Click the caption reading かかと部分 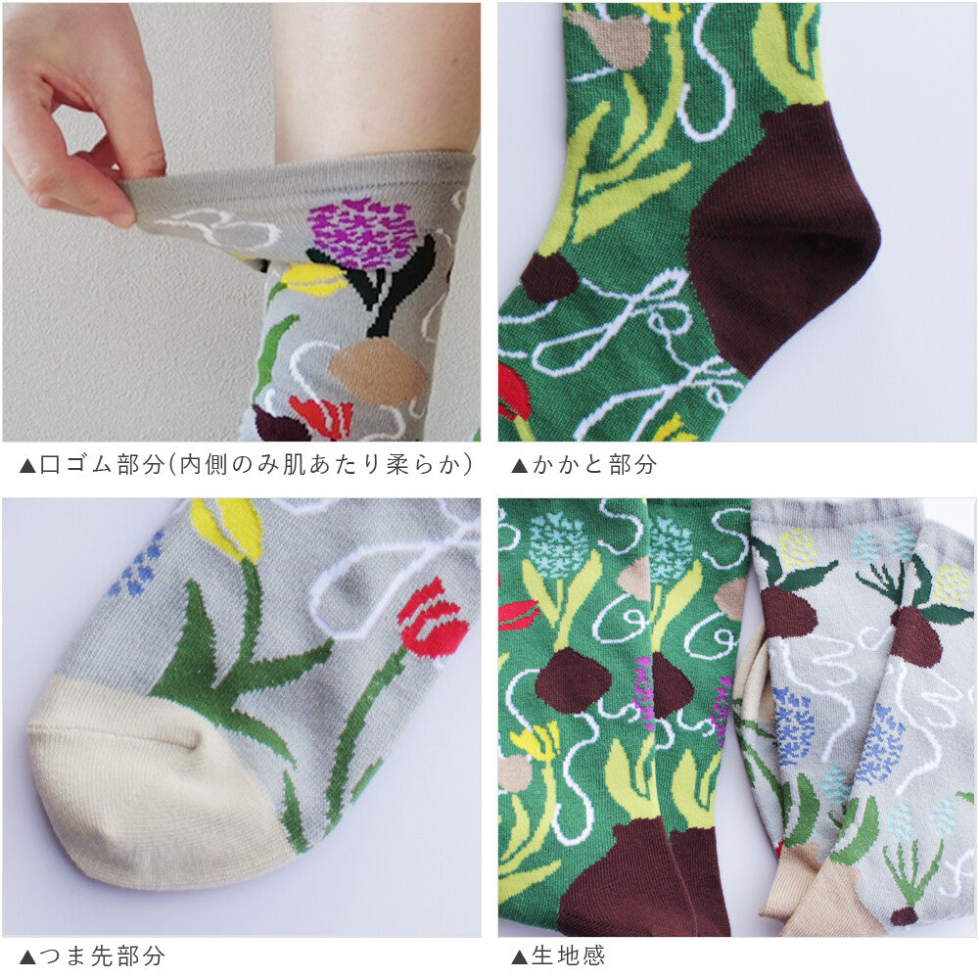coord(594,464)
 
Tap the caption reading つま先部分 coord(103,956)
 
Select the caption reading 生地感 coord(568,956)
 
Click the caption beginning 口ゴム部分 coord(256,464)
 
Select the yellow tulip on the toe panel coord(228,526)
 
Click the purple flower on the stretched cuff coord(362,232)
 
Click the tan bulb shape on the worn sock coord(379,371)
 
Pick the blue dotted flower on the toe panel coord(137,563)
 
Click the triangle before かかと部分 coord(520,466)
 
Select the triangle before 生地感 coord(520,957)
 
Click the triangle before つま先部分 coord(27,957)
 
